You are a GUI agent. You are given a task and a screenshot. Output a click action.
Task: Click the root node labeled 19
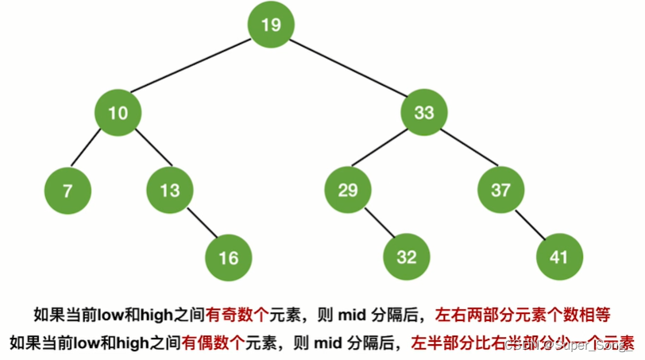click(270, 25)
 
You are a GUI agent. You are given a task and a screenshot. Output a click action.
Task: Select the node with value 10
click(118, 113)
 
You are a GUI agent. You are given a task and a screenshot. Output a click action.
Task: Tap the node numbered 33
click(424, 113)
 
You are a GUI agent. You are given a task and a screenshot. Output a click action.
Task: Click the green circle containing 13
click(169, 190)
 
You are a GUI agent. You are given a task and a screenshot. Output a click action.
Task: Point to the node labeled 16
click(228, 257)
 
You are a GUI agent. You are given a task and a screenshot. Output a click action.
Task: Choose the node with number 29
click(348, 190)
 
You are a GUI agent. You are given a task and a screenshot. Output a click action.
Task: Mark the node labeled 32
click(407, 257)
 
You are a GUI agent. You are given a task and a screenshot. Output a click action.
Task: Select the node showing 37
click(500, 190)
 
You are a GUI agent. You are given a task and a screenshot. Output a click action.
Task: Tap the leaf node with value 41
click(560, 257)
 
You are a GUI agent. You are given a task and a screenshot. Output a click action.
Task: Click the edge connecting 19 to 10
click(194, 68)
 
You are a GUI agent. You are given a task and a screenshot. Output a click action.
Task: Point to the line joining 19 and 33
click(347, 68)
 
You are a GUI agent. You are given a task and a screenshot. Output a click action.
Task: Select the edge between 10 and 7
click(92, 151)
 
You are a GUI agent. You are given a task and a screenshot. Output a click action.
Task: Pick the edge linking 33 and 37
click(462, 151)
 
